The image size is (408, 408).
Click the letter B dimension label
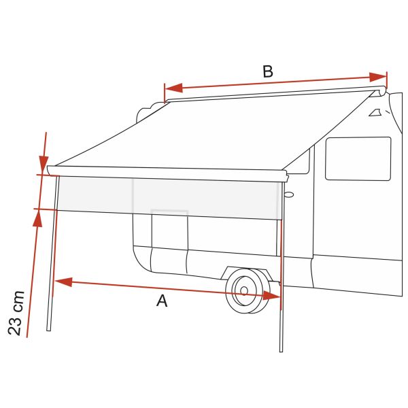tap(268, 71)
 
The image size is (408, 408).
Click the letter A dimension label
tap(162, 301)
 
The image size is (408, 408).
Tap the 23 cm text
tap(16, 313)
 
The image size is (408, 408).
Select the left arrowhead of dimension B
tap(173, 88)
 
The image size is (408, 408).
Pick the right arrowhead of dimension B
tap(378, 77)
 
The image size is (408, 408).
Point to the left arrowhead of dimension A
tap(63, 282)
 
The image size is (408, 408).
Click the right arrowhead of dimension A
tap(271, 296)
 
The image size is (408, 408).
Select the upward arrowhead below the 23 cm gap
tap(37, 218)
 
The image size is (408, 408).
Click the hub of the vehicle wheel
tap(244, 290)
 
